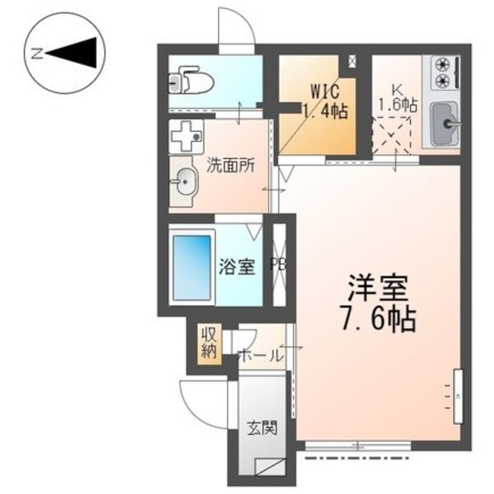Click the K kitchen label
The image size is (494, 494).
coord(398,88)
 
